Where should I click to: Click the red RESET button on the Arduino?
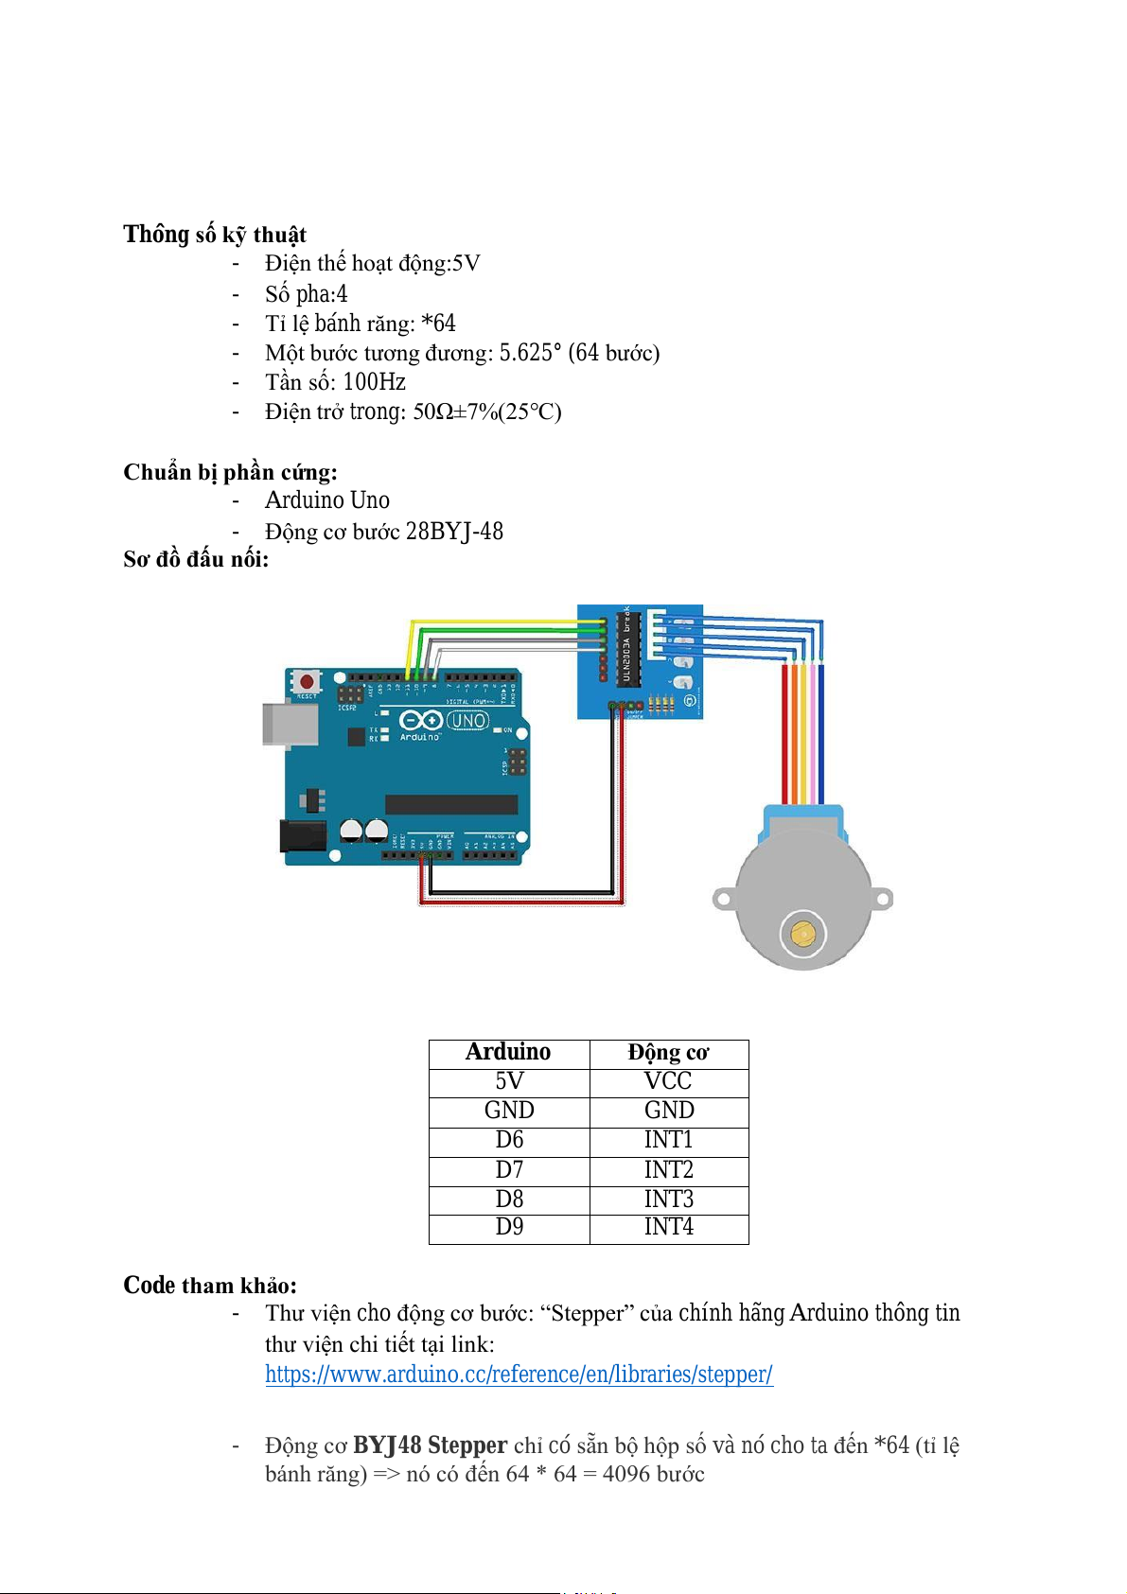(x=307, y=681)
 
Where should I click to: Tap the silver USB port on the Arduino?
(x=290, y=725)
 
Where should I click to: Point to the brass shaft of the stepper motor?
(x=802, y=933)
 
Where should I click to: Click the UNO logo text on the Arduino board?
(x=467, y=720)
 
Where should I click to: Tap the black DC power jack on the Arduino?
(x=303, y=836)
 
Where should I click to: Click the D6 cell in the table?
(x=509, y=1140)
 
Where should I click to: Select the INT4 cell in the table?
(x=669, y=1227)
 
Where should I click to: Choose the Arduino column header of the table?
(x=508, y=1052)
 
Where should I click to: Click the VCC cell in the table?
(x=668, y=1081)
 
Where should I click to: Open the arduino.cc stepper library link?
(x=519, y=1375)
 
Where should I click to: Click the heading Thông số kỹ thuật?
(x=215, y=235)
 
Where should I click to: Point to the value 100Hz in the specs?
(x=374, y=382)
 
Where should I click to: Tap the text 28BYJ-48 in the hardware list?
(x=454, y=532)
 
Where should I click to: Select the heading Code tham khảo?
(x=210, y=1286)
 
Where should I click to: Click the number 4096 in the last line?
(x=625, y=1474)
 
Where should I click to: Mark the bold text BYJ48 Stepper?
(x=430, y=1445)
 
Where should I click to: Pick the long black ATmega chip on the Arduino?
(x=451, y=804)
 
